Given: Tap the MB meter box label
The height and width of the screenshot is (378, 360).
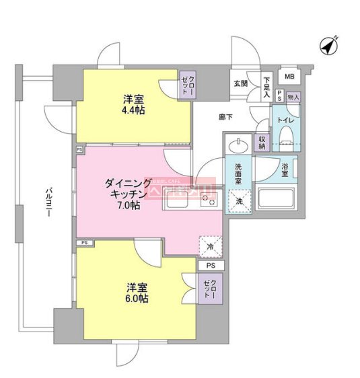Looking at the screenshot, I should click(289, 77).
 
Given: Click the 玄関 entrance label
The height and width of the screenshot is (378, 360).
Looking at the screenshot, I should click(240, 83).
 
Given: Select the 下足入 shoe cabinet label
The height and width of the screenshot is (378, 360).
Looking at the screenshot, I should click(266, 86).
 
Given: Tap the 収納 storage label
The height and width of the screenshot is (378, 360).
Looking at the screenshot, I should click(262, 142).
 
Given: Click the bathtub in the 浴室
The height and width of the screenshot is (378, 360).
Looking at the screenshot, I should click(277, 199).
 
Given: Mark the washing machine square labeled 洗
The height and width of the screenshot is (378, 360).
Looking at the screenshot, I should click(238, 200).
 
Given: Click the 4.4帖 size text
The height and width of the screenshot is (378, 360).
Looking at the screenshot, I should click(134, 109).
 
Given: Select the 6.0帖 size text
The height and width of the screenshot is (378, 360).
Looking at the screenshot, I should click(137, 298).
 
